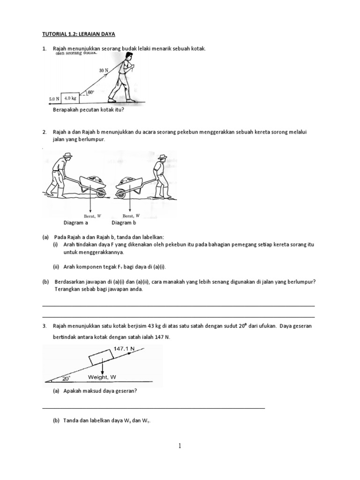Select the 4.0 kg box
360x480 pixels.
coord(70,98)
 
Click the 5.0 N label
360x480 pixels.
coord(54,99)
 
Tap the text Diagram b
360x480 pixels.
coord(123,223)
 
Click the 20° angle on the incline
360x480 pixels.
coord(66,377)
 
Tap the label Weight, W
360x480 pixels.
coord(102,377)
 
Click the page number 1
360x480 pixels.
coord(180,446)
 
